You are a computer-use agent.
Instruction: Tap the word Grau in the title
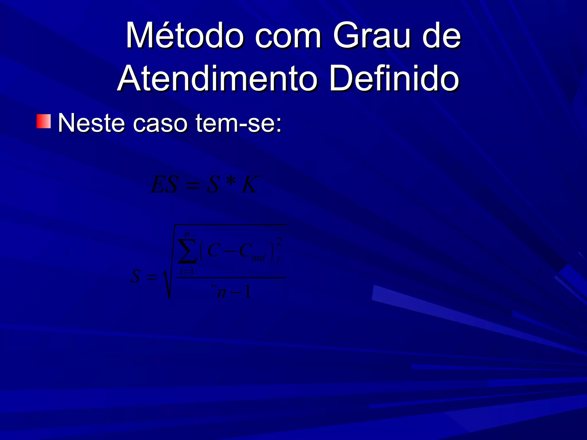coord(371,36)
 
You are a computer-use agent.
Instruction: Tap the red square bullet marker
coord(44,121)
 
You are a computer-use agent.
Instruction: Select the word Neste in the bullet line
coord(91,123)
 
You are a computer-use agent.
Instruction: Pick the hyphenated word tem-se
coord(238,123)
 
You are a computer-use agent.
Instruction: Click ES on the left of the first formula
coord(164,185)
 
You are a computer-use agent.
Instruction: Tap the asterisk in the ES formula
coord(231,182)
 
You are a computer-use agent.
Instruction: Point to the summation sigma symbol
coord(187,251)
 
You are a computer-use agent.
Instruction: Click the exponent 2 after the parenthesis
coord(279,241)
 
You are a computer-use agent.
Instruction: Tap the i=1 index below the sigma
coord(187,271)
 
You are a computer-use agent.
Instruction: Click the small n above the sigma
coord(187,234)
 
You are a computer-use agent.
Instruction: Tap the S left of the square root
coord(136,276)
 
